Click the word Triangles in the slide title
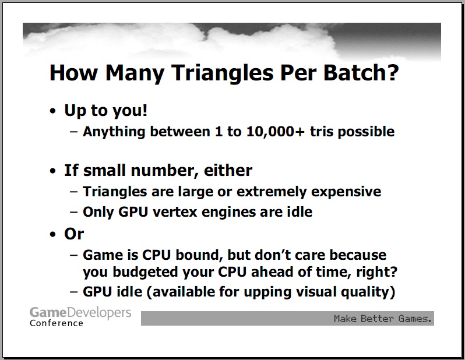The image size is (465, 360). (222, 73)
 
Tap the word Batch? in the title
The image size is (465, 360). (361, 72)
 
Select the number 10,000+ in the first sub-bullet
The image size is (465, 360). (275, 132)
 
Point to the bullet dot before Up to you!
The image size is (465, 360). (53, 111)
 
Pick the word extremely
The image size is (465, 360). (272, 192)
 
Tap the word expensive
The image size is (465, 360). (346, 192)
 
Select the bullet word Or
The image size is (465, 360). (74, 234)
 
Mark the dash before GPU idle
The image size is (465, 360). (73, 292)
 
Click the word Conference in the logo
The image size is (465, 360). (57, 323)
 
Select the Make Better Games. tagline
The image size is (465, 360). (383, 319)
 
